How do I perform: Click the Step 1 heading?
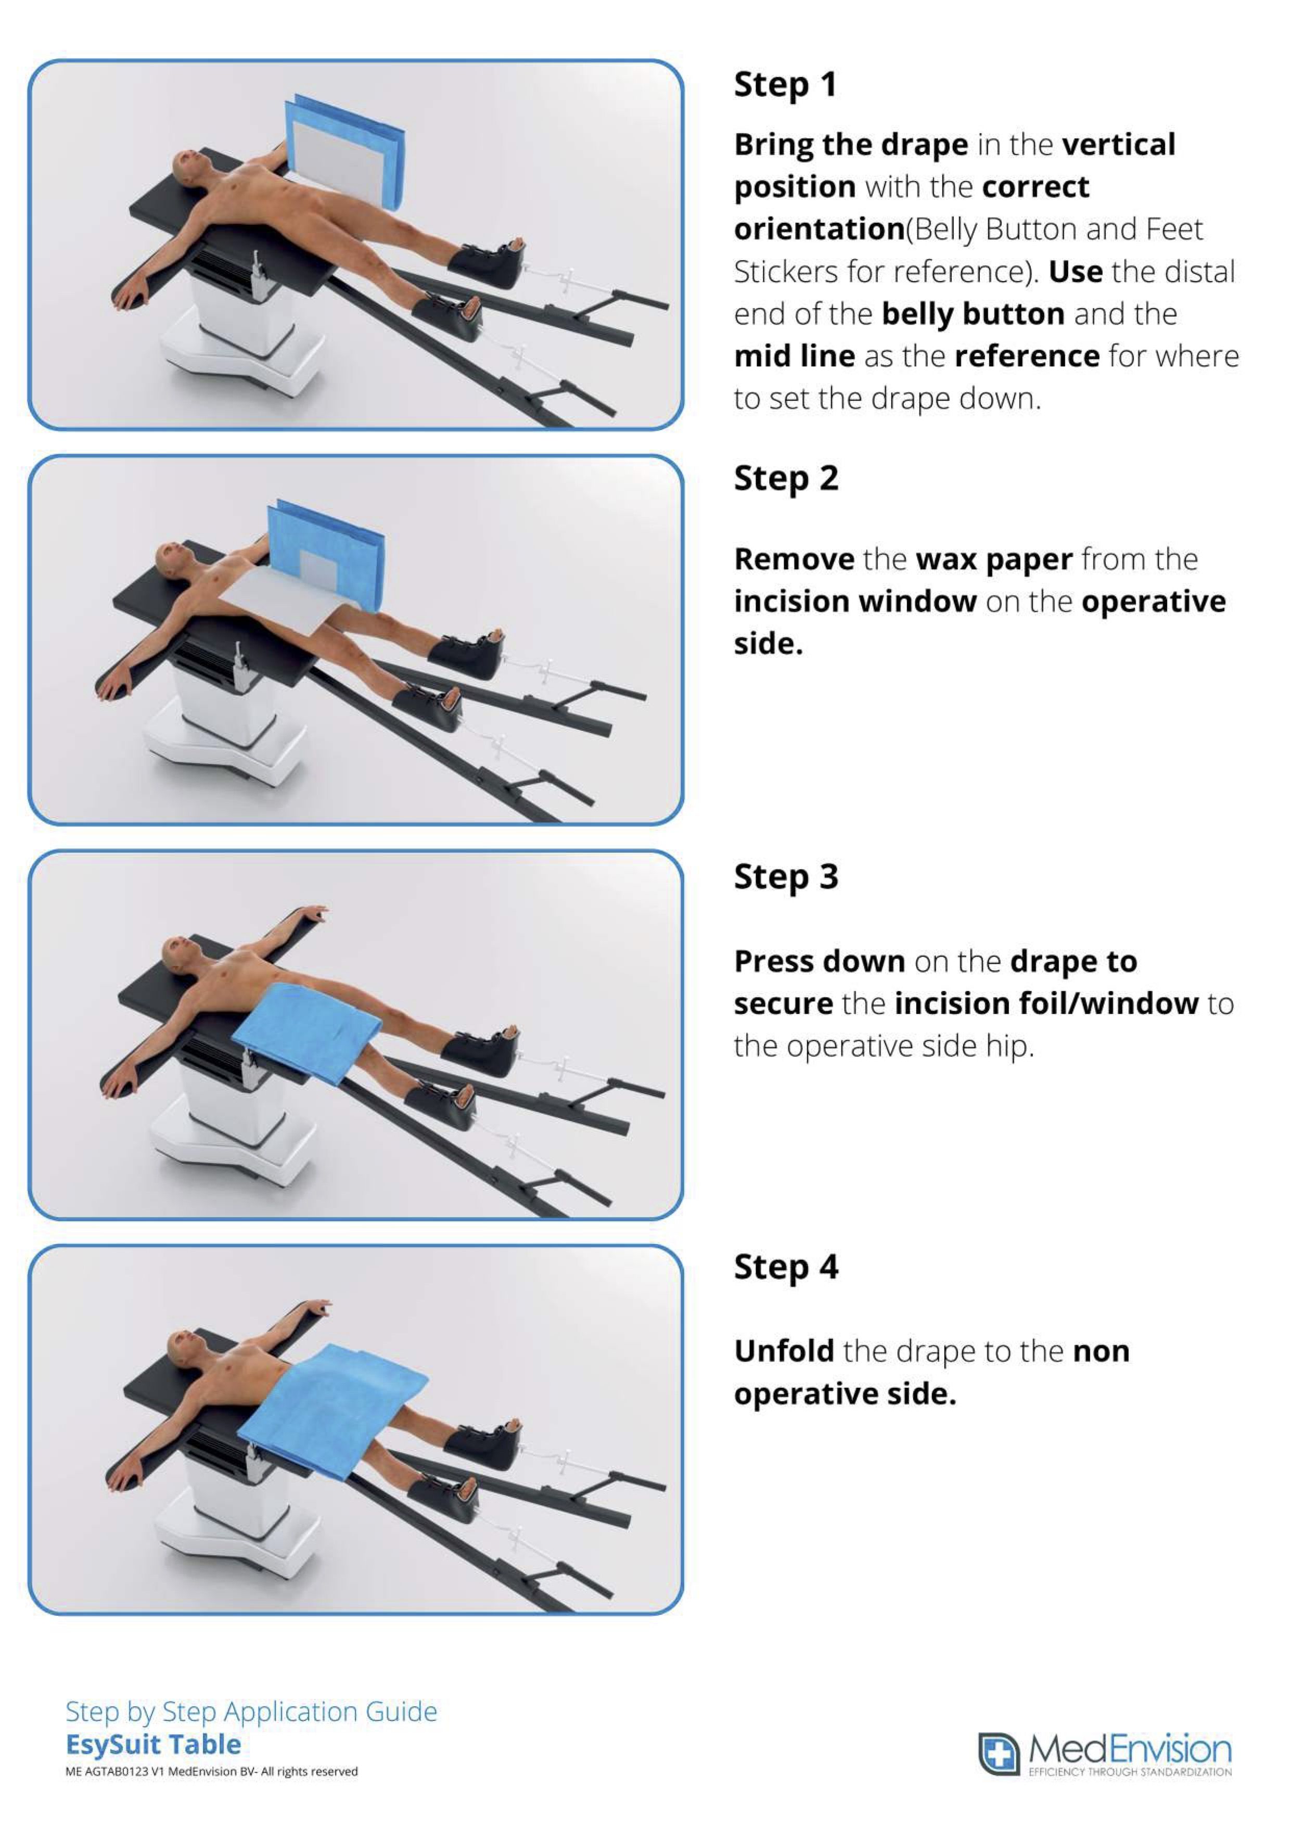(x=785, y=84)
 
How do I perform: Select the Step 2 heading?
(x=786, y=479)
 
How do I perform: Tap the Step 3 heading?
(x=786, y=876)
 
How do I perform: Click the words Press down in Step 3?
(x=820, y=962)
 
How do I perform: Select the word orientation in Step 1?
(x=820, y=229)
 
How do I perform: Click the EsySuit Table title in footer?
(x=153, y=1744)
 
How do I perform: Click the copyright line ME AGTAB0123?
(x=212, y=1772)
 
